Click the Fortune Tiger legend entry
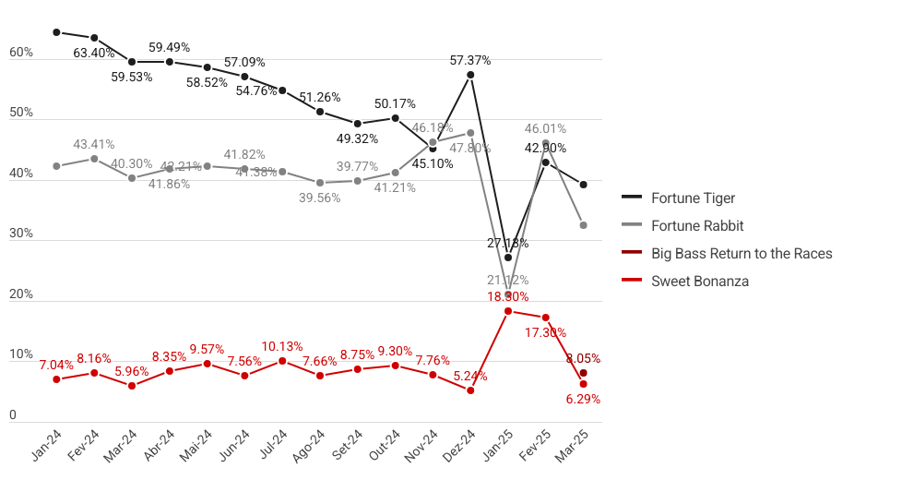click(x=693, y=198)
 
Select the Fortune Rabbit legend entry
click(x=697, y=225)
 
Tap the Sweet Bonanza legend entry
click(x=700, y=281)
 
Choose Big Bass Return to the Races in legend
click(x=742, y=253)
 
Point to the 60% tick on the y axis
click(x=21, y=53)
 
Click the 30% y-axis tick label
click(x=21, y=234)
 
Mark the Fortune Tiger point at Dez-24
click(x=470, y=75)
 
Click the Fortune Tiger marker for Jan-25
click(x=508, y=258)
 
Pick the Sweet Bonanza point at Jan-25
click(x=508, y=311)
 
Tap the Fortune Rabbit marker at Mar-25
click(x=583, y=225)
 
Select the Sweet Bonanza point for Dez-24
click(x=470, y=390)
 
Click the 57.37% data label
click(x=470, y=60)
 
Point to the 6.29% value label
click(x=582, y=399)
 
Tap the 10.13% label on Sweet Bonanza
click(x=282, y=346)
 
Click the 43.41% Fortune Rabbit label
click(x=94, y=144)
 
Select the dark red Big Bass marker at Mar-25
click(x=583, y=373)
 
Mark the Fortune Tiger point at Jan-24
click(x=56, y=32)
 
